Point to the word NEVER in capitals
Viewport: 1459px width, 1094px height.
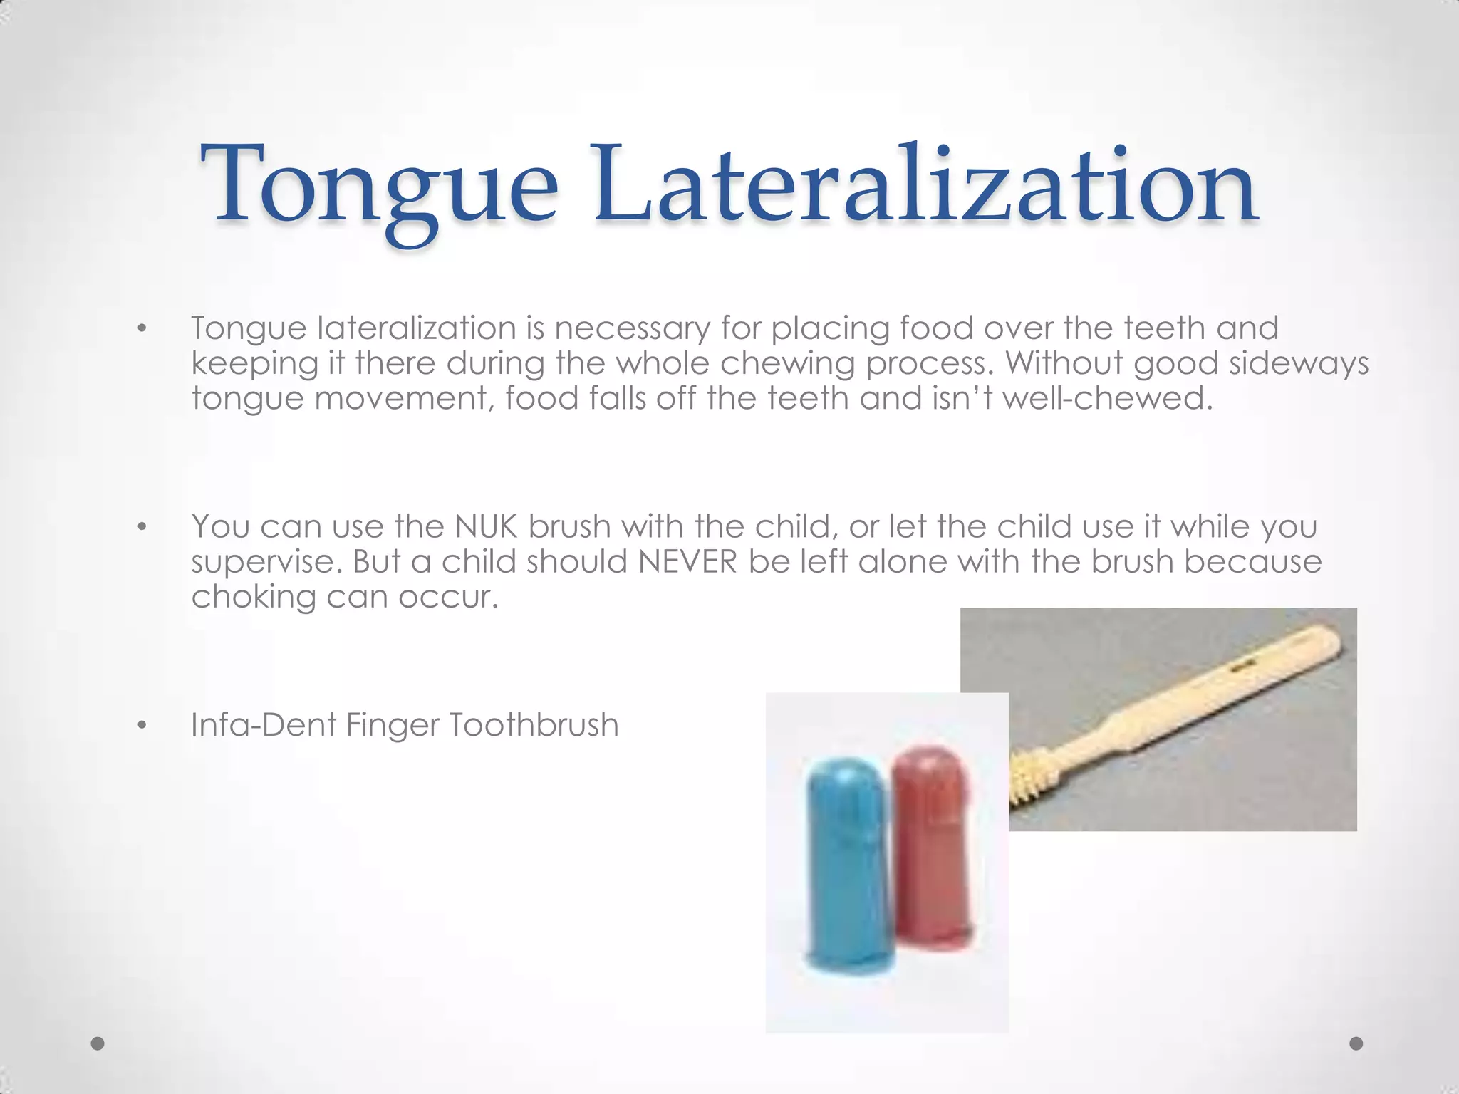pos(687,562)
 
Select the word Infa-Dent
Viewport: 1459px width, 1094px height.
pos(264,725)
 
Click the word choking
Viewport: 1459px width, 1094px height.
pos(253,597)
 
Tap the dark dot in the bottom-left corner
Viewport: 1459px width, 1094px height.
pos(98,1043)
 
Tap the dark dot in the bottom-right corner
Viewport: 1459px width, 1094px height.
pos(1356,1043)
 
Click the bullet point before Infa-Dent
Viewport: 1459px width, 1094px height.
pos(142,726)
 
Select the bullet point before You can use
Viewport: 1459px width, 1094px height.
pos(142,528)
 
